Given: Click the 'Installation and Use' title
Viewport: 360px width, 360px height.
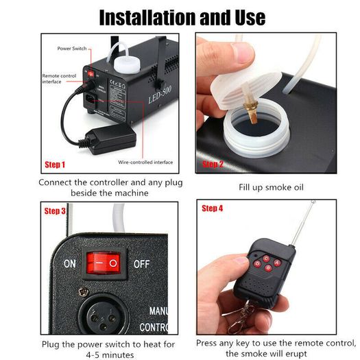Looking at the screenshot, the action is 182,17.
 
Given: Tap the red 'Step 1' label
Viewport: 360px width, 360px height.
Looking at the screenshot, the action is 55,165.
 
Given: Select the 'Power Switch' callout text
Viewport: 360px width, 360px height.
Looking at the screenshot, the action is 72,49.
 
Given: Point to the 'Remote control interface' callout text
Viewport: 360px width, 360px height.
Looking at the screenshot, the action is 59,79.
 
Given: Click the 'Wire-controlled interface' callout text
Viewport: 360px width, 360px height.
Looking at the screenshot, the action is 145,163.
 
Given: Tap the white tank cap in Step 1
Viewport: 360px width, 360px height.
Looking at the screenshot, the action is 127,64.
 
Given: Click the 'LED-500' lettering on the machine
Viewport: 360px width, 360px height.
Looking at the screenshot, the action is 160,95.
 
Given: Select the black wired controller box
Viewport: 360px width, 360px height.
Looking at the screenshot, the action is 111,139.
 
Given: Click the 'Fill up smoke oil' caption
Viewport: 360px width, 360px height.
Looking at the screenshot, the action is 271,187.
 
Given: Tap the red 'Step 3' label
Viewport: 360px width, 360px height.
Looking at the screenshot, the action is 55,211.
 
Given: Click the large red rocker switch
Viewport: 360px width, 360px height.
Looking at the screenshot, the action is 104,263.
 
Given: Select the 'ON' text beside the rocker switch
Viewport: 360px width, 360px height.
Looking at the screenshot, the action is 70,264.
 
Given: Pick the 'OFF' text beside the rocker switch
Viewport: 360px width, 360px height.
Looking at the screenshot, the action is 142,264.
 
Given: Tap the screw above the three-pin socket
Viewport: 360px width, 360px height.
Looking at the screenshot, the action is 84,291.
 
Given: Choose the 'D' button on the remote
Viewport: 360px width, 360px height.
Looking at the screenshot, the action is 257,264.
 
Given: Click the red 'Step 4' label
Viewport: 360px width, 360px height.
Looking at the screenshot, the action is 213,208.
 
